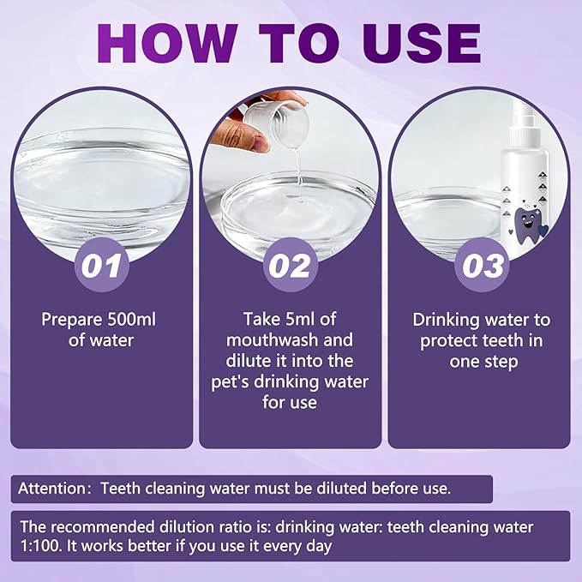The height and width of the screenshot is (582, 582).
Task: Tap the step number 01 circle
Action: tap(102, 265)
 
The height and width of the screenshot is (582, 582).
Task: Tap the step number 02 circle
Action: tap(290, 265)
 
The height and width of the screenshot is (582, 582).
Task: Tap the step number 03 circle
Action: tap(479, 265)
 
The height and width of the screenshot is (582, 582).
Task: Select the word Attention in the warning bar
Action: tap(54, 489)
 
